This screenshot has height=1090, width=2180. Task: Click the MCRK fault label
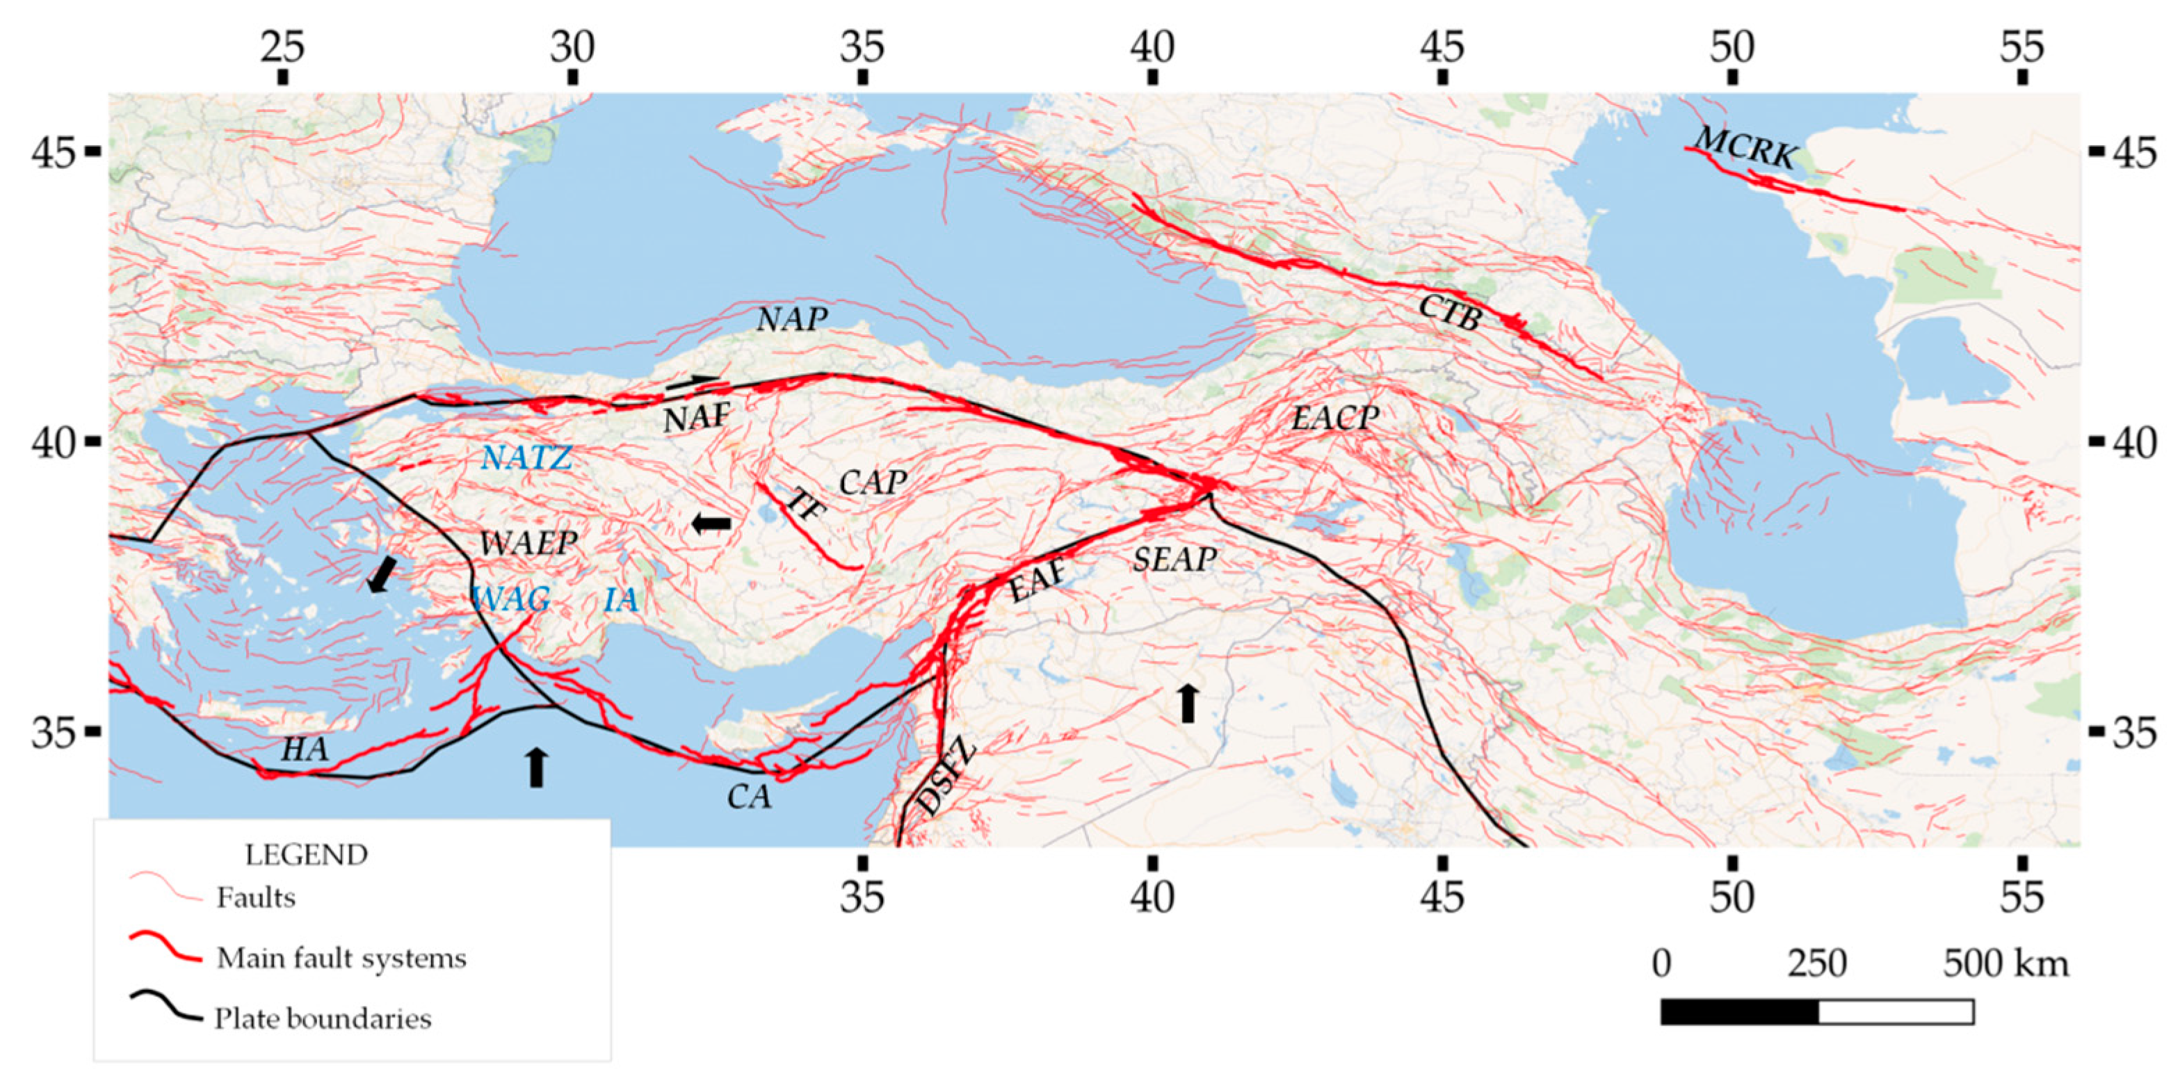(1745, 148)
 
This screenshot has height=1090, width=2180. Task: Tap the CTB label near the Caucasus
(1451, 313)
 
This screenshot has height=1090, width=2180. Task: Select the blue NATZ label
(526, 459)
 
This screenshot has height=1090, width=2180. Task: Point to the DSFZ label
(947, 778)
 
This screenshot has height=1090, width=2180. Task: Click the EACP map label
(1334, 418)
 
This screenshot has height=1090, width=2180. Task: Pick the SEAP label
(1174, 560)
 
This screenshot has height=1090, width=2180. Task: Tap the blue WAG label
(511, 600)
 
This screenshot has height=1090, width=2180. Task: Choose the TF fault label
(805, 506)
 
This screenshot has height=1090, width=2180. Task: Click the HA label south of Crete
(304, 750)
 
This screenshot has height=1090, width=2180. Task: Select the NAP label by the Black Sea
(791, 320)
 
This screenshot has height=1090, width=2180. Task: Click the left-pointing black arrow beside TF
(711, 524)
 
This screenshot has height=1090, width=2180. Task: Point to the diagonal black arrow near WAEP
(382, 575)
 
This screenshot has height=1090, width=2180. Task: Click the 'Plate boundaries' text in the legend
(323, 1018)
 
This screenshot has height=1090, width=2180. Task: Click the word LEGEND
(307, 855)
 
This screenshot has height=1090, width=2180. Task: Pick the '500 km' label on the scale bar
(2005, 964)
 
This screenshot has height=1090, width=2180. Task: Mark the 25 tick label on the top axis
(282, 47)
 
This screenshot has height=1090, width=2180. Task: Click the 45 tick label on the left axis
(54, 152)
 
